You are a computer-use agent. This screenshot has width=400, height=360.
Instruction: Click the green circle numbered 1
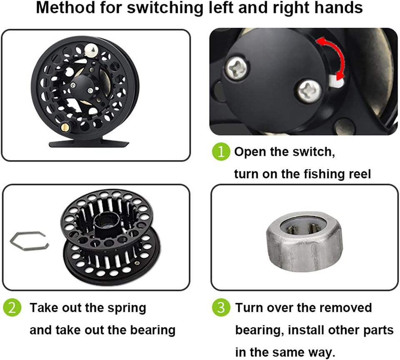[x=221, y=152]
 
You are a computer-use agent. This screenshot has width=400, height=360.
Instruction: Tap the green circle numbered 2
[x=12, y=307]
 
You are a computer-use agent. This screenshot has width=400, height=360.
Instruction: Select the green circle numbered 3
[x=221, y=307]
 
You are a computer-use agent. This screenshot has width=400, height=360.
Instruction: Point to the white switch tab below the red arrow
[x=336, y=81]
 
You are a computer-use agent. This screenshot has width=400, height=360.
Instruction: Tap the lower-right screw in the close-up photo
[x=309, y=91]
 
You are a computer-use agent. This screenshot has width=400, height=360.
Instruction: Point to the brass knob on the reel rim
[x=66, y=126]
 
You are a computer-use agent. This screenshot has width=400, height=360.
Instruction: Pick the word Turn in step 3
[x=248, y=307]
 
